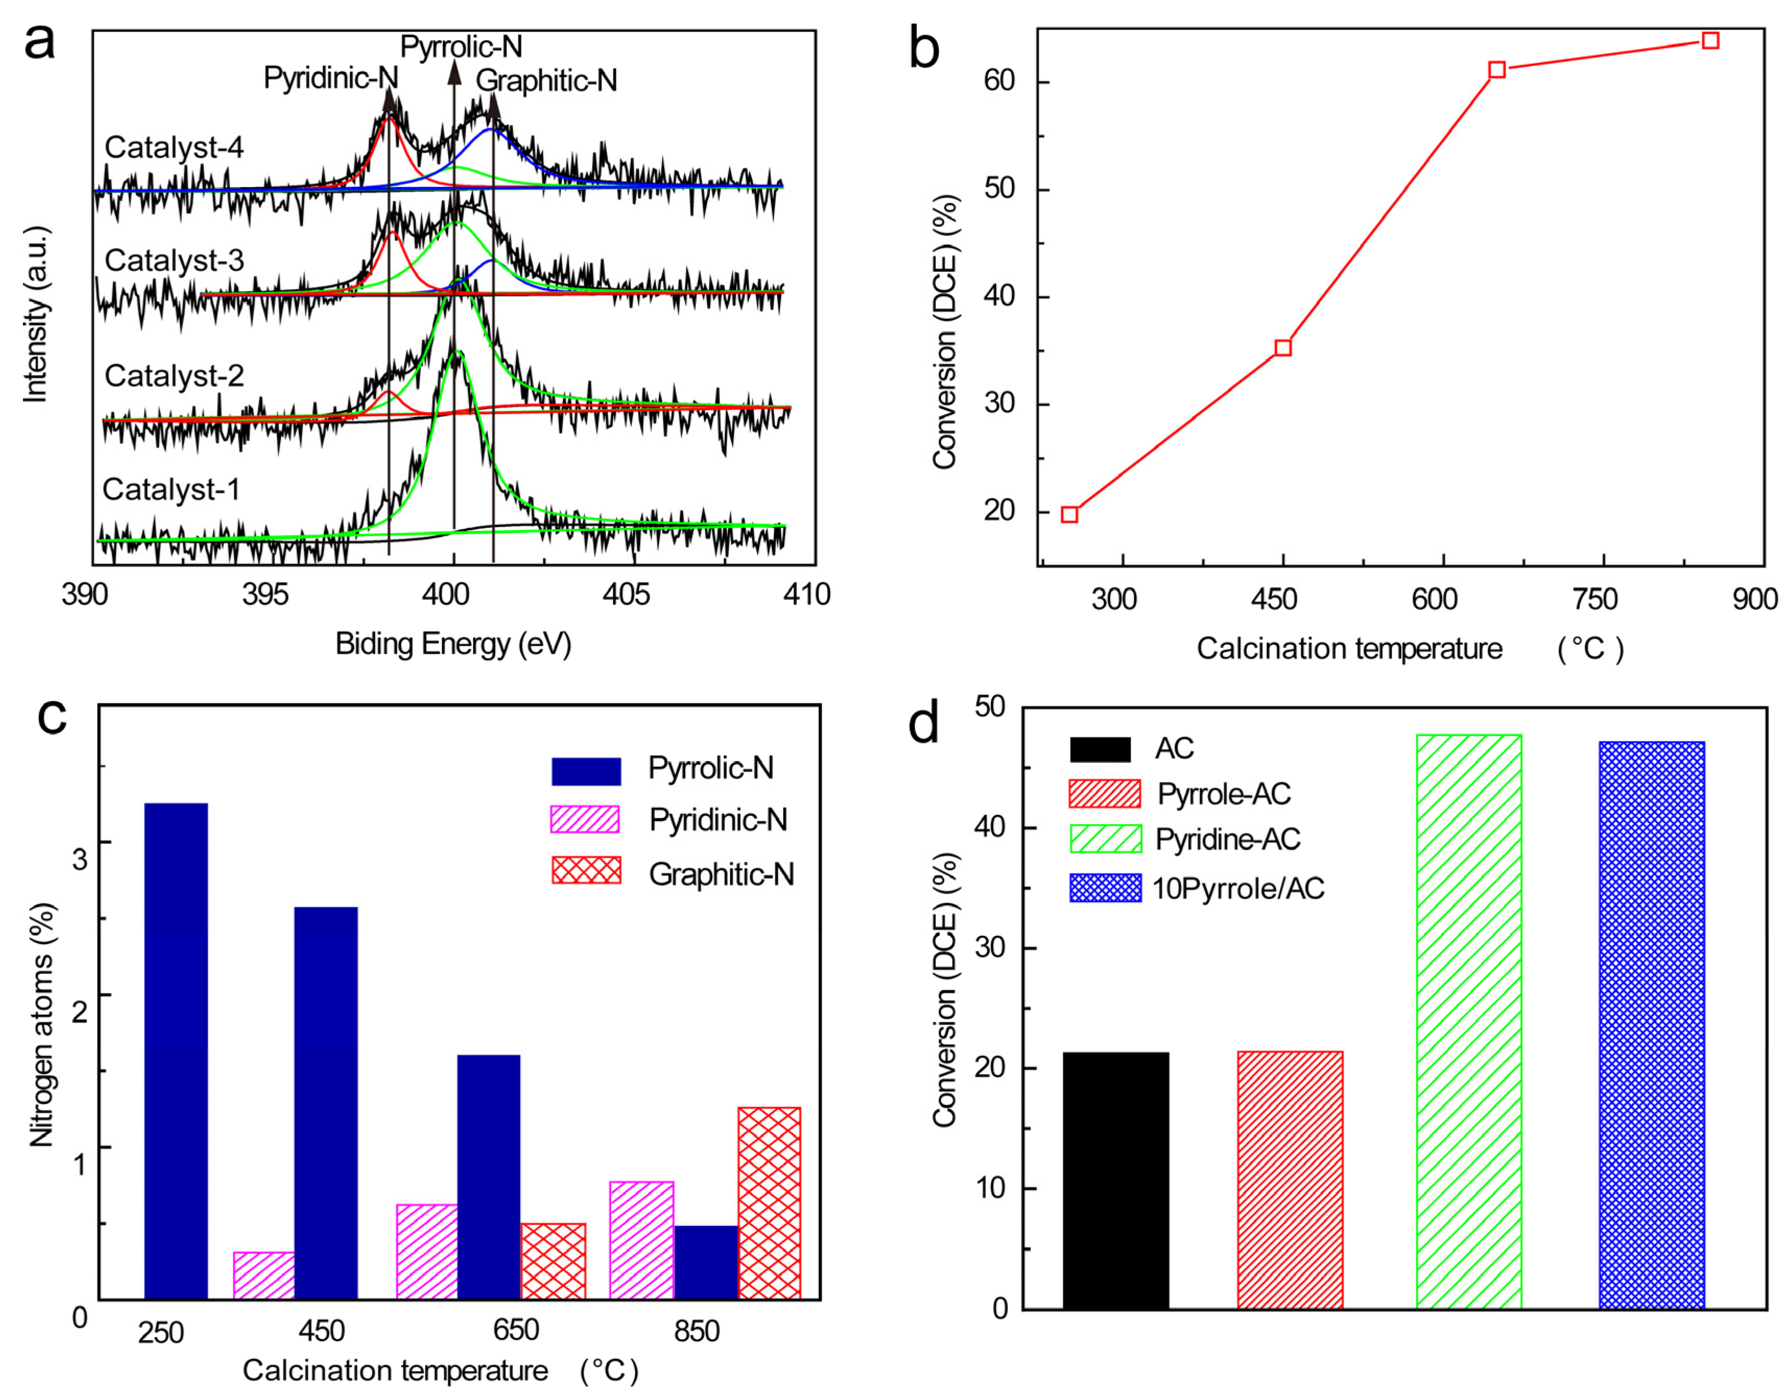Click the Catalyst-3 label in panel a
(174, 261)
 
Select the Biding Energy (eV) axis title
(453, 644)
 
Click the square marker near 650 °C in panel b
(1497, 70)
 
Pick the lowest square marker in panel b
(1069, 514)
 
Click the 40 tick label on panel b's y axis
(999, 296)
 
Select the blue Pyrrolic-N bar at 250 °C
(175, 1051)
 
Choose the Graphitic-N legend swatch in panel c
(586, 870)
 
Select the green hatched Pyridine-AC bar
(1468, 1021)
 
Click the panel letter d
(924, 724)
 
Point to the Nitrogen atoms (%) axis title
(41, 1025)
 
